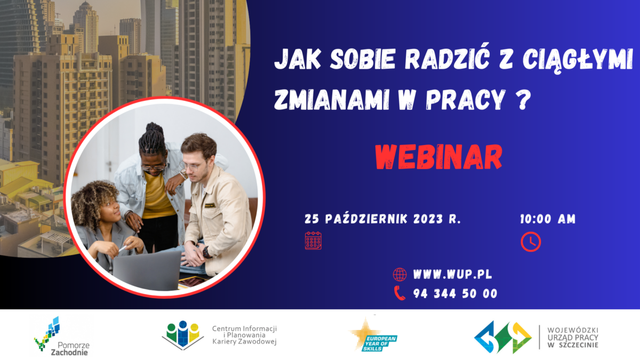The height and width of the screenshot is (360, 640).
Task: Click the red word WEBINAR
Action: tap(438, 157)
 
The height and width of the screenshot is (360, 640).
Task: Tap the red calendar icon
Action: tap(313, 241)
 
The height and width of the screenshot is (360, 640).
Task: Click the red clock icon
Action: tap(531, 242)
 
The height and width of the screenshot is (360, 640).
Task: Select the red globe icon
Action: tap(399, 275)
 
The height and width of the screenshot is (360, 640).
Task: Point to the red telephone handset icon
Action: tap(399, 293)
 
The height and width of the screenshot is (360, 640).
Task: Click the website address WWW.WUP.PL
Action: tap(453, 275)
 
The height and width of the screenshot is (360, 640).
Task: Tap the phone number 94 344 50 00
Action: tap(455, 294)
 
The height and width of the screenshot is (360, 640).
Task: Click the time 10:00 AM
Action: tap(548, 219)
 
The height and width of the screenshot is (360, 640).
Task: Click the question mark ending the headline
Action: tap(523, 100)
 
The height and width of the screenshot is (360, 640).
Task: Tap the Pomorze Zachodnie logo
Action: tap(61, 336)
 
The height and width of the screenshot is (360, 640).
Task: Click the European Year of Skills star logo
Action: tap(373, 335)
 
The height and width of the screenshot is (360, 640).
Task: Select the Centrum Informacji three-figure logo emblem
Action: tap(182, 335)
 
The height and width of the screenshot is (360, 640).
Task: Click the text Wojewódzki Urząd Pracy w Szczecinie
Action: tap(573, 338)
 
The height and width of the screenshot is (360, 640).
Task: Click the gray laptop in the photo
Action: tap(147, 270)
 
